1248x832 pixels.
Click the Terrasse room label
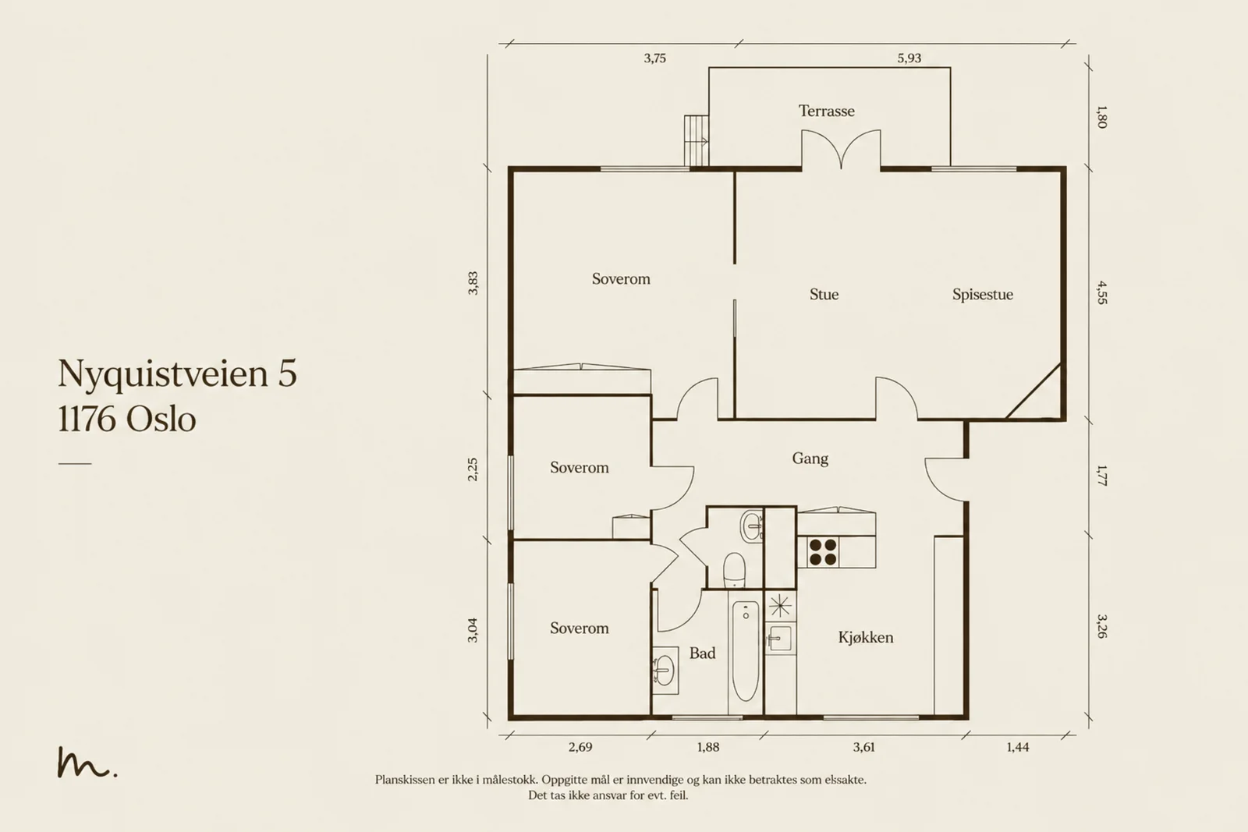pyautogui.click(x=826, y=111)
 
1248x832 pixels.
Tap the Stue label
pyautogui.click(x=824, y=294)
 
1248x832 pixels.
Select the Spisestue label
pyautogui.click(x=982, y=294)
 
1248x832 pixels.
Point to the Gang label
pyautogui.click(x=810, y=458)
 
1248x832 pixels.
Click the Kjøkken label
pyautogui.click(x=865, y=637)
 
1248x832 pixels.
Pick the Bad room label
pyautogui.click(x=702, y=653)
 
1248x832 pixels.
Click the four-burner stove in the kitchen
pyautogui.click(x=823, y=552)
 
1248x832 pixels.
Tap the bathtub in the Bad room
pyautogui.click(x=746, y=650)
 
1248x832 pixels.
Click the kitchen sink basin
pyautogui.click(x=780, y=638)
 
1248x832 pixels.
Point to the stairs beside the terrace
pyautogui.click(x=697, y=140)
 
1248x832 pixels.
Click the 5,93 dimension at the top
pyautogui.click(x=909, y=58)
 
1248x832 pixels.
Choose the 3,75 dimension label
pyautogui.click(x=654, y=58)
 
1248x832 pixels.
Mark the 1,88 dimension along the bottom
pyautogui.click(x=708, y=747)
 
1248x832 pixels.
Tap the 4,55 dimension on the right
pyautogui.click(x=1101, y=293)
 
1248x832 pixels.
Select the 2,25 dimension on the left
pyautogui.click(x=473, y=469)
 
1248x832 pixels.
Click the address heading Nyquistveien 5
pyautogui.click(x=177, y=374)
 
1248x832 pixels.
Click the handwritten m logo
pyautogui.click(x=87, y=763)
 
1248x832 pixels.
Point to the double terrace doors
pyautogui.click(x=842, y=149)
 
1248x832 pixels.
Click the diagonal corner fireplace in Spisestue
pyautogui.click(x=1034, y=391)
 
